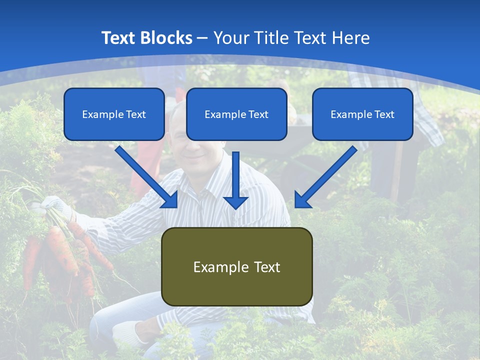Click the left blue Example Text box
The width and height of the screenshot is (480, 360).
114,114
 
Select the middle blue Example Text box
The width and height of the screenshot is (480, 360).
236,114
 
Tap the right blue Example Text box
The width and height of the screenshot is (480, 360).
362,114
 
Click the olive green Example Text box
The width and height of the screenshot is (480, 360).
236,266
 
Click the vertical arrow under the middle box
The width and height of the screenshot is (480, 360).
236,180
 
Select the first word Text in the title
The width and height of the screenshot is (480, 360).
118,38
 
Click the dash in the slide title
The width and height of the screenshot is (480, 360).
202,38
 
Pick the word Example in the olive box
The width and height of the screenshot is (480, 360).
218,267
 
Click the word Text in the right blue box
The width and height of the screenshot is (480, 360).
383,114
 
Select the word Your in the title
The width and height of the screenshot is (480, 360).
231,38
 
